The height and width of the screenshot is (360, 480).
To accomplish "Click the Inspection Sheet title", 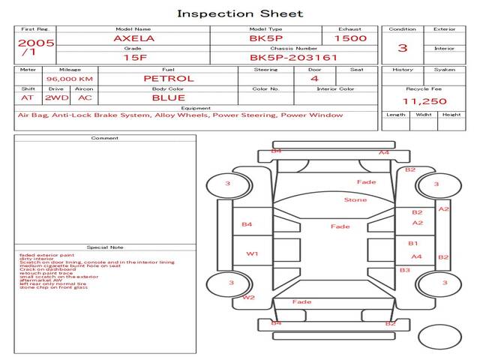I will point(239,13).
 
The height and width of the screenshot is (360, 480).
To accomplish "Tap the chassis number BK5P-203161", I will point(293,57).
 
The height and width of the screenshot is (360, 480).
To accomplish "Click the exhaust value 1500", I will point(350,37).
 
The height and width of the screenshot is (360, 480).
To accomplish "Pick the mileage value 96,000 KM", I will point(69,79).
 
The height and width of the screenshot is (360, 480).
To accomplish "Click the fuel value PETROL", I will point(169,78).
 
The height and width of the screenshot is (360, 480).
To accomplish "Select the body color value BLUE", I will point(169,97).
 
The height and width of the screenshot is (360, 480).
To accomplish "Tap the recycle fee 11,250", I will point(424,101).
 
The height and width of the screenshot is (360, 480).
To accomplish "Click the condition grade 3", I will point(402,48).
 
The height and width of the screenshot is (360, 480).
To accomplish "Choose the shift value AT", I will point(27,97).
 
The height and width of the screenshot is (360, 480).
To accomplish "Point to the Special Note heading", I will point(105,247).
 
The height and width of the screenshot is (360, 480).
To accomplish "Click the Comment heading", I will point(105,138).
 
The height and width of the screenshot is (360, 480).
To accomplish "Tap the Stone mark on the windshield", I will point(355,200).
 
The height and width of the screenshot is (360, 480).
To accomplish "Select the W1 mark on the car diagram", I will point(252,254).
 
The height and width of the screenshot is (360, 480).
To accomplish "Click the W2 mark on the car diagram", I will point(248,298).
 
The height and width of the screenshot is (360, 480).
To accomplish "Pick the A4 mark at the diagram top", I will point(384,153).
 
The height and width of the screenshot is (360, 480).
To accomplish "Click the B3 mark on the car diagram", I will point(404,270).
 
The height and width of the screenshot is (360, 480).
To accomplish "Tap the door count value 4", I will point(314,78).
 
